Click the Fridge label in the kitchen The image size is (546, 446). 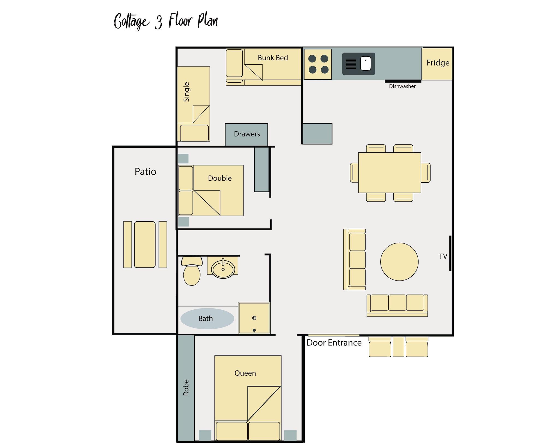pos(438,63)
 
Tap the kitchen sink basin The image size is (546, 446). pos(366,64)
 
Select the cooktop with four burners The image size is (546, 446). pos(318,64)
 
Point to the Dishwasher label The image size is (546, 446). pos(402,86)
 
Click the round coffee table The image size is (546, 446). pos(399,262)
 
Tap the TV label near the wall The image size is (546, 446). pos(443,256)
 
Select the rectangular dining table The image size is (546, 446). pos(389,173)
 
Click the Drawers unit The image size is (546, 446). pos(247,134)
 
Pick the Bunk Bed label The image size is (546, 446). pos(273,58)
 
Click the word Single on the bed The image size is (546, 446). pos(186,92)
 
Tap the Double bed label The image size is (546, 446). pos(219,178)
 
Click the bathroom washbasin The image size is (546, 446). pos(223,269)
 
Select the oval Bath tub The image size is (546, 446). pos(207,318)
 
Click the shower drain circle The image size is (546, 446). pos(254,318)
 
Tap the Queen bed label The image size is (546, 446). pos(245,373)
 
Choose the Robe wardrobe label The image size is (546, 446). pos(186,387)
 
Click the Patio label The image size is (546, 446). pos(145,171)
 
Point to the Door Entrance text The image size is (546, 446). pos(334,343)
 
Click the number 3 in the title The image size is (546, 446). pos(158,22)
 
